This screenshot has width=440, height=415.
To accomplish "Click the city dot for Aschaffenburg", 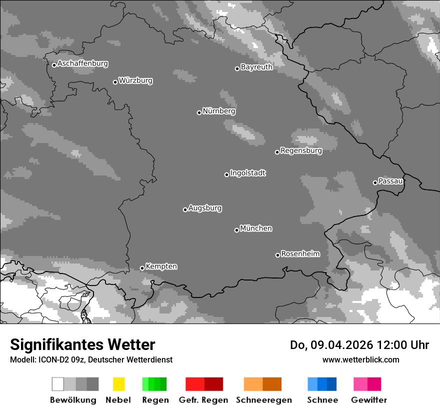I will pos(54,65).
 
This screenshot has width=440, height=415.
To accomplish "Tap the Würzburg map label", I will pos(135,80).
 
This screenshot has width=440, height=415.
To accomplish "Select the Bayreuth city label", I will pos(256,67).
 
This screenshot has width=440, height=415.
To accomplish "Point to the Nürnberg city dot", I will pos(199,112).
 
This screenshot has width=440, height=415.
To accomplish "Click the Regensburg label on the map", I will pos(301,150).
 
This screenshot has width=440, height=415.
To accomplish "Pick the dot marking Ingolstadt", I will pos(226,174).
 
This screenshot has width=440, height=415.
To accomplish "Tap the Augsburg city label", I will pos(205,208).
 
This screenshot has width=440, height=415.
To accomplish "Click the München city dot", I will pos(236,230).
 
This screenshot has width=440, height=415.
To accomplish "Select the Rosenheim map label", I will pos(300,254).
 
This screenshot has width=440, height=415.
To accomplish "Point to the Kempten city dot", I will pos(142,268).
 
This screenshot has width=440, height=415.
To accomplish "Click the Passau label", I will pos(390,181).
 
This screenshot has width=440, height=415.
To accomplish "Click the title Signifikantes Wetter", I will pos(82,345).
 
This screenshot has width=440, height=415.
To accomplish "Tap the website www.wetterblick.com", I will pos(360,359).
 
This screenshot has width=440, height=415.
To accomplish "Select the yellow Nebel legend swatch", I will pos(118,384).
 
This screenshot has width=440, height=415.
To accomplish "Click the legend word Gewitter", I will pos(369,400).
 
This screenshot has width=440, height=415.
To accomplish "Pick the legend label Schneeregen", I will pos(264,400).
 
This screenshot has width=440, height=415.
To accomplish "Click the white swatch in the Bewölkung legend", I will pos(58,384).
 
